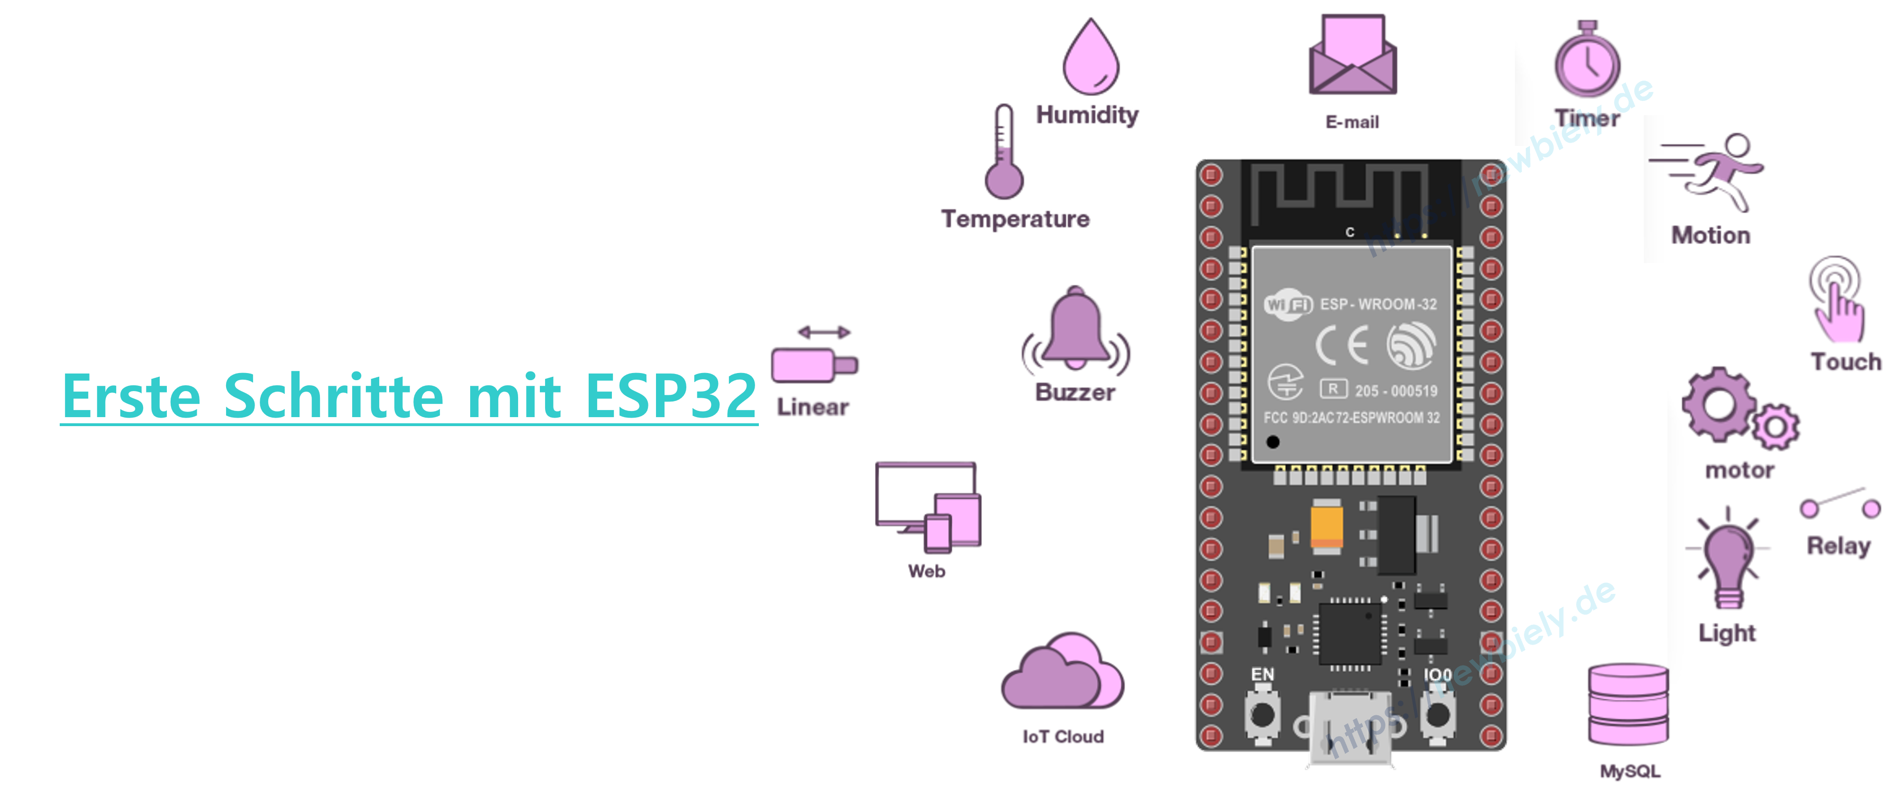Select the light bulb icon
point(1727,558)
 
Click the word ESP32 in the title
point(670,396)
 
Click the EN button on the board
point(1262,713)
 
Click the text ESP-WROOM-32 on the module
point(1378,304)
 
